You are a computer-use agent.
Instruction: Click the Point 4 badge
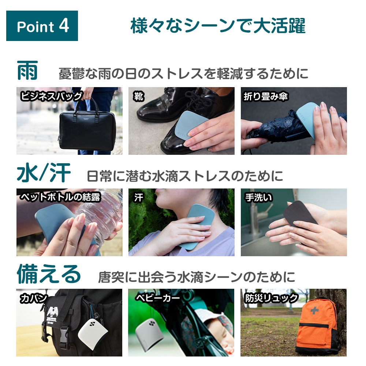42,26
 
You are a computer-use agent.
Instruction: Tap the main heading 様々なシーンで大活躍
218,26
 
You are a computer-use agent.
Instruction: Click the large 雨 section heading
27,71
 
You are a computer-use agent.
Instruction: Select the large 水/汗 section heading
44,173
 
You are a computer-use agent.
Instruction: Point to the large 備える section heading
49,274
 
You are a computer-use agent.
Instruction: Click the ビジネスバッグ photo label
51,96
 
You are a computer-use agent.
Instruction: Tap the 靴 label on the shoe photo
139,96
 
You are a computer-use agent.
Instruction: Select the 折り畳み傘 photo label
265,96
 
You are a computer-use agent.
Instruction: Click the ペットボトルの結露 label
60,197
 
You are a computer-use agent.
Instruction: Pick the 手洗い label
259,197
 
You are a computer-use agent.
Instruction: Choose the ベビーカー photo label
158,298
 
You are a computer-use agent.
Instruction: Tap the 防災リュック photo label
271,298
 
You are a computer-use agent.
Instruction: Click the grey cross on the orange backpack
314,310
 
